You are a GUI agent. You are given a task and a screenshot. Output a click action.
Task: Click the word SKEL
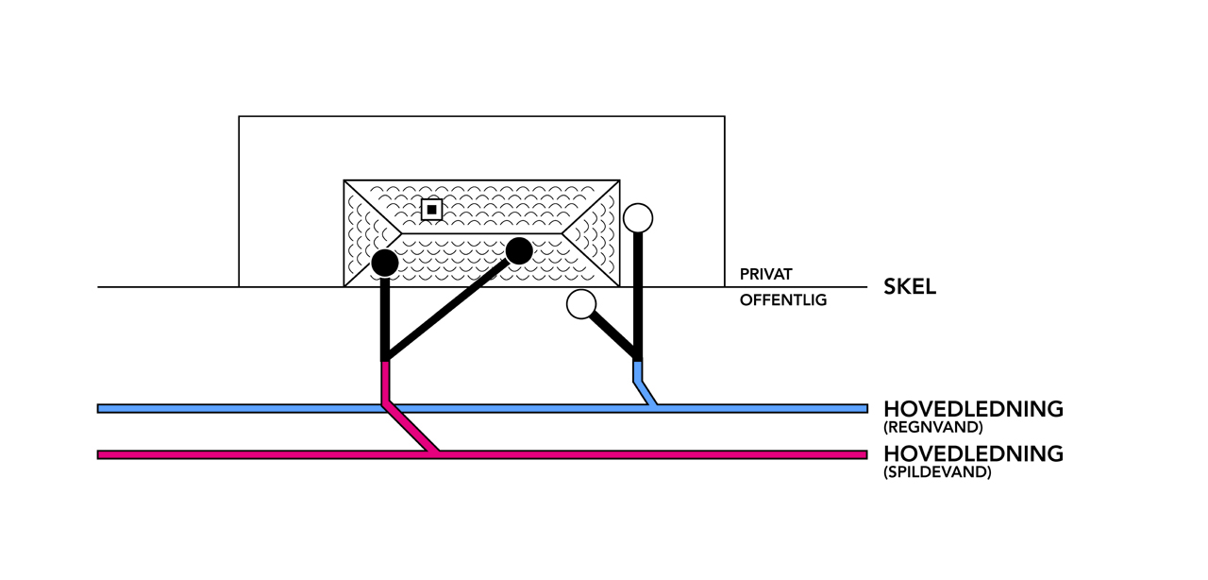[x=909, y=287]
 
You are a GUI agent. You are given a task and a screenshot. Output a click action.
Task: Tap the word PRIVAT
[x=765, y=274]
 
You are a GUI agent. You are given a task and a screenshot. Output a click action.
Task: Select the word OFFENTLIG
[x=782, y=300]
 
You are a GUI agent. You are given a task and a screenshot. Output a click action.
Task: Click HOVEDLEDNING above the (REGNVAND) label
[x=973, y=409]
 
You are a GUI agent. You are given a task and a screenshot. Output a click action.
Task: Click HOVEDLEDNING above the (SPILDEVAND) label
[x=973, y=453]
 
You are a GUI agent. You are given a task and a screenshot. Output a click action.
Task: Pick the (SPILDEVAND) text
[x=937, y=472]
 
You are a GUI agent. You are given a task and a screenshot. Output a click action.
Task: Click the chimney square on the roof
[x=431, y=209]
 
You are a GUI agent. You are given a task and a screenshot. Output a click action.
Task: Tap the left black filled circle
[x=384, y=263]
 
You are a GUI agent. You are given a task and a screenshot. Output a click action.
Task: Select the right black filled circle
[x=519, y=250]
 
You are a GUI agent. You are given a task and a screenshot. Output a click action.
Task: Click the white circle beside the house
[x=638, y=218]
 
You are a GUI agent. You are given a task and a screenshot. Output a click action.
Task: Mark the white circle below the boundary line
[x=581, y=304]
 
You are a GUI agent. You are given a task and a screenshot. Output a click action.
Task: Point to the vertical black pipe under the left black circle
[x=385, y=316]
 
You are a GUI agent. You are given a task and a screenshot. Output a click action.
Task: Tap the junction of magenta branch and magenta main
[x=434, y=453]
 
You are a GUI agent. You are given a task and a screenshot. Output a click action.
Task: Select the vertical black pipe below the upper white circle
[x=639, y=293]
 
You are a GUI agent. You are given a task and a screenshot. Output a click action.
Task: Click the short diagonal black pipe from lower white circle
[x=613, y=335]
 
